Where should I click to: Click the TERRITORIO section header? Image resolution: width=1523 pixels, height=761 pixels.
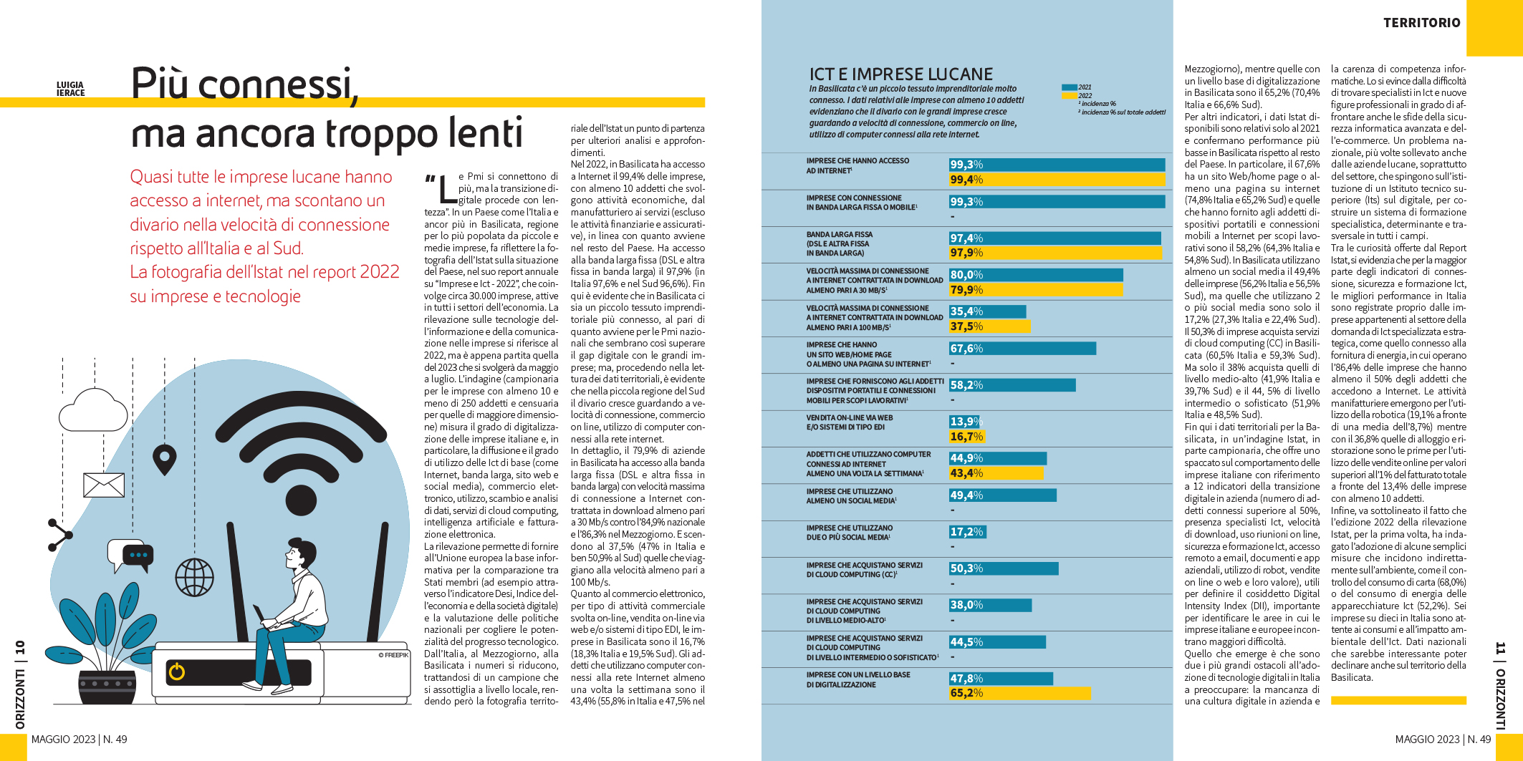1421,23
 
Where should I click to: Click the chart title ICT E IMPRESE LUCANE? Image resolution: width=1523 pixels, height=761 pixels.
900,74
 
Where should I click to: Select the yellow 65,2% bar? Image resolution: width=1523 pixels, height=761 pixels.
1019,693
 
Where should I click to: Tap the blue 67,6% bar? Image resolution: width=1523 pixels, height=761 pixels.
1022,349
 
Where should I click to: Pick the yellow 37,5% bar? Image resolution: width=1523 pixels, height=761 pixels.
989,326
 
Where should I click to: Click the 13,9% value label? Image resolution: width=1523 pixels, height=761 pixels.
964,422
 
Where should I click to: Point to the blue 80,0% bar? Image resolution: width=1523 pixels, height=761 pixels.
1036,275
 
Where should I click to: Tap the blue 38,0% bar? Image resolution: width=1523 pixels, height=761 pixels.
990,605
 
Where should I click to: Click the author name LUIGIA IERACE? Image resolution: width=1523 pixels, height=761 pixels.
70,89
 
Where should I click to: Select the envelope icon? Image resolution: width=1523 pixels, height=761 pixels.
104,485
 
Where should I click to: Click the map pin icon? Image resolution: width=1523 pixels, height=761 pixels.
165,459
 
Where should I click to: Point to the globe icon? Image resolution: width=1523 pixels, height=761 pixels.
194,577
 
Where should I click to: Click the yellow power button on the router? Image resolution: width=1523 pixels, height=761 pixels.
176,672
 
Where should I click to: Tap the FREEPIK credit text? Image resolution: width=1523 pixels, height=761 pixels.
393,655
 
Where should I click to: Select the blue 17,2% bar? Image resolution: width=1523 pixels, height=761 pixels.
968,532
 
